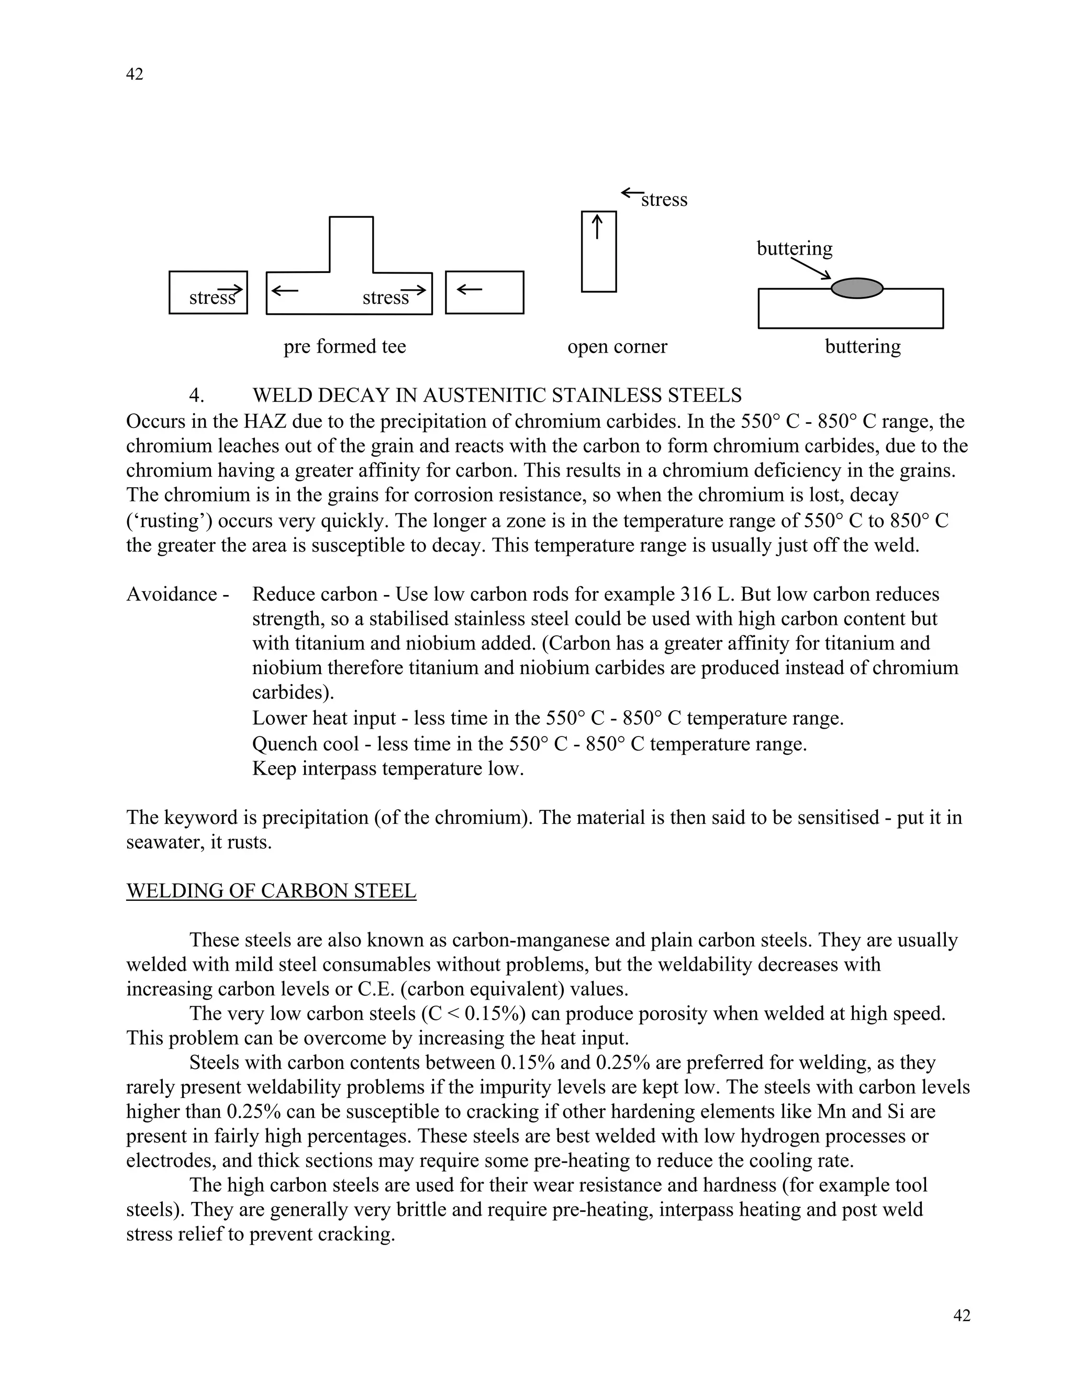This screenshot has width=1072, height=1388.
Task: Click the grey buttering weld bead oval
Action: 857,288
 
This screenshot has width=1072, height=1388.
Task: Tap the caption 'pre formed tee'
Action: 344,346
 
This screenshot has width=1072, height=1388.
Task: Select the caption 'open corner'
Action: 617,346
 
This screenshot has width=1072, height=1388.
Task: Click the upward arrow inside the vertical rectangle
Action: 597,227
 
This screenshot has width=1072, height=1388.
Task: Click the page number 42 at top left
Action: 135,74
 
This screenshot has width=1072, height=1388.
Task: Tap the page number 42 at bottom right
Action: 962,1316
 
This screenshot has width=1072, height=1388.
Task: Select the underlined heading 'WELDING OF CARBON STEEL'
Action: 271,891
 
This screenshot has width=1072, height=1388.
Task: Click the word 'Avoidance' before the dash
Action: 172,594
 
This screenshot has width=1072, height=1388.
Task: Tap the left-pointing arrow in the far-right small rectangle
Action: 470,290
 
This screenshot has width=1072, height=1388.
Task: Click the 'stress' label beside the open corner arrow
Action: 664,200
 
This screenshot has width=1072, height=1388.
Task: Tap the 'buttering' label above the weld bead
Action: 794,248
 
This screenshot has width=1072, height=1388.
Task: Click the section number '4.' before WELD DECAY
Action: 196,395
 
